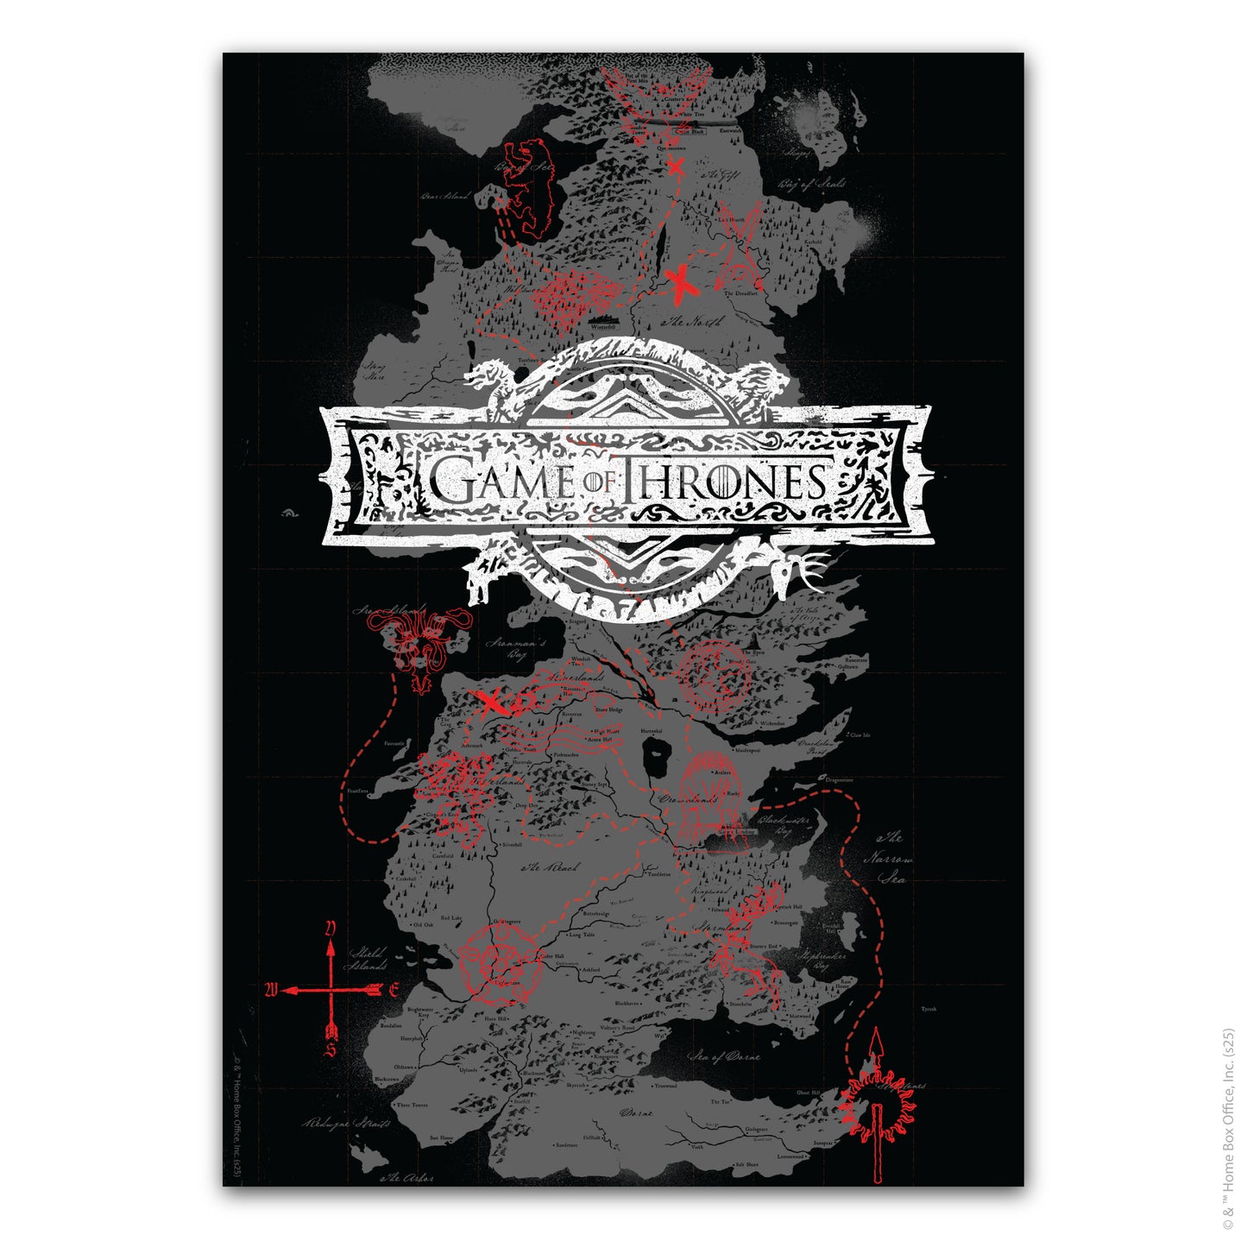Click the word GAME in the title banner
pyautogui.click(x=501, y=482)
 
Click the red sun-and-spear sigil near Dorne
pyautogui.click(x=878, y=1100)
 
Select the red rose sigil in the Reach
pyautogui.click(x=500, y=963)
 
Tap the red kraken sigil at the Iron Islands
pyautogui.click(x=422, y=644)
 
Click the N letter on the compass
pyautogui.click(x=330, y=929)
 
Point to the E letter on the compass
pyautogui.click(x=394, y=990)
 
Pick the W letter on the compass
pyautogui.click(x=271, y=990)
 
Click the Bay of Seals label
pyautogui.click(x=811, y=184)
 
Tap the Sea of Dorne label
pyautogui.click(x=725, y=1055)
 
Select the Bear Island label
pyautogui.click(x=445, y=197)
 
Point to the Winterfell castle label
pyautogui.click(x=602, y=328)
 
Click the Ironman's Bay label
pyautogui.click(x=515, y=649)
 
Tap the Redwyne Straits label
pyautogui.click(x=346, y=1124)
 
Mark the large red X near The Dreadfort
pyautogui.click(x=682, y=282)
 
